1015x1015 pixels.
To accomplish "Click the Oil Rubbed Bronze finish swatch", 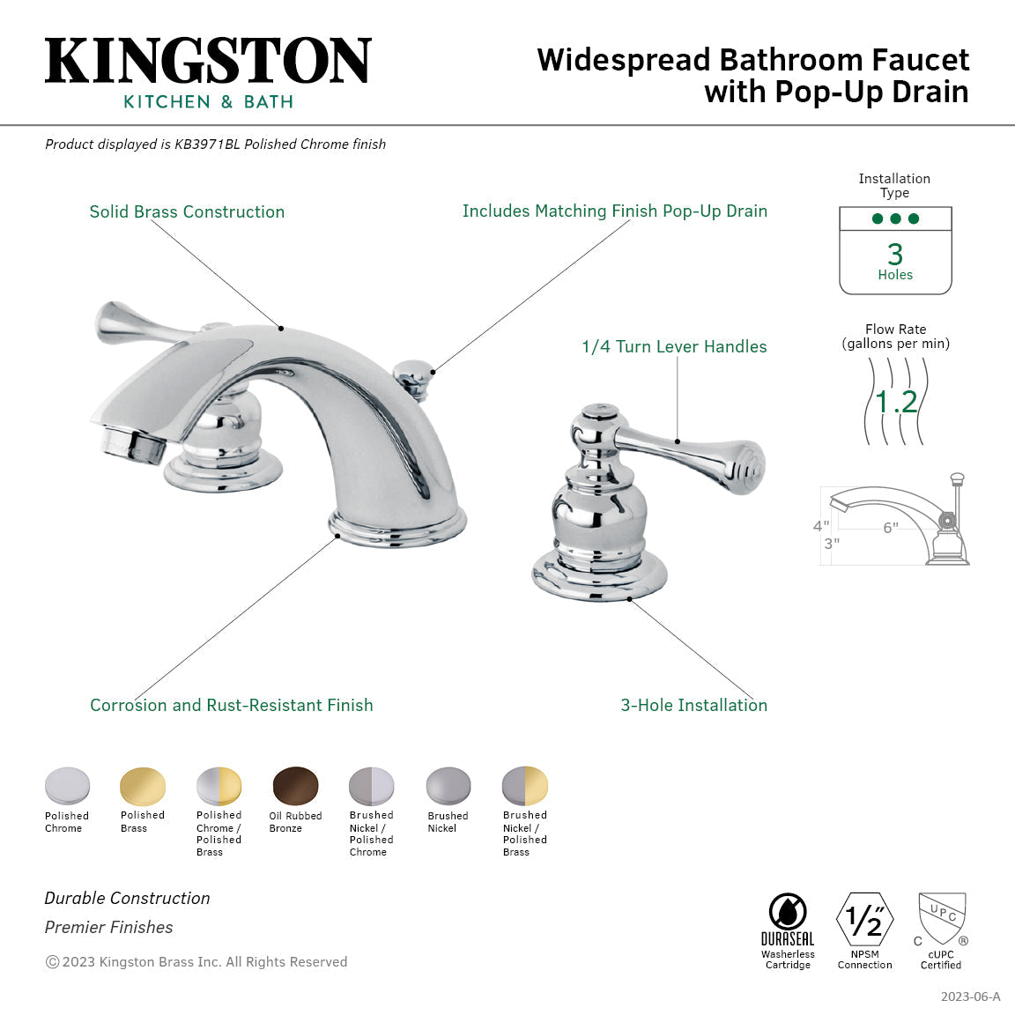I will pyautogui.click(x=296, y=786).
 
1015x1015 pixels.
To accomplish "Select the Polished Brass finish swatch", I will pyautogui.click(x=143, y=786).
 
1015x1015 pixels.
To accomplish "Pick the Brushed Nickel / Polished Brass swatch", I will pyautogui.click(x=525, y=786).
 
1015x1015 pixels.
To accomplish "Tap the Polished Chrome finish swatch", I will pyautogui.click(x=68, y=786).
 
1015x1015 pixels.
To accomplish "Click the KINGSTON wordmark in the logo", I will pyautogui.click(x=208, y=61).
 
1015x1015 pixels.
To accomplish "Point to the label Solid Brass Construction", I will pyautogui.click(x=187, y=212).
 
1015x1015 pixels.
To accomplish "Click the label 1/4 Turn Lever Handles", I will pyautogui.click(x=674, y=347).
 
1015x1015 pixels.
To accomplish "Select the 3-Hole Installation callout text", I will pyautogui.click(x=693, y=706).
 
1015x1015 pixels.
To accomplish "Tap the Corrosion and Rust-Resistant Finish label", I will pyautogui.click(x=231, y=706).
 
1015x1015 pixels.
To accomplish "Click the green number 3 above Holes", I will pyautogui.click(x=895, y=254).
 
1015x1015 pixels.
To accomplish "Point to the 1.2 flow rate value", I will pyautogui.click(x=896, y=402).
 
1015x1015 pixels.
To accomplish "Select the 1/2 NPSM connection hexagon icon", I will pyautogui.click(x=864, y=920).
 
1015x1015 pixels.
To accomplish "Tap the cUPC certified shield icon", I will pyautogui.click(x=942, y=919).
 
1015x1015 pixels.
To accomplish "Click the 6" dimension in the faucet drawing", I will pyautogui.click(x=891, y=528).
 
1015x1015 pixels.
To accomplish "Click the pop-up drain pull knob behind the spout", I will pyautogui.click(x=411, y=370).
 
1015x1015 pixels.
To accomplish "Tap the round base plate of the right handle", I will pyautogui.click(x=599, y=578).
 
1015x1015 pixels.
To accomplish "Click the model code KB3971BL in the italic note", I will pyautogui.click(x=206, y=144).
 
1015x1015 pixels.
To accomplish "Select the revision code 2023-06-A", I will pyautogui.click(x=970, y=997).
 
